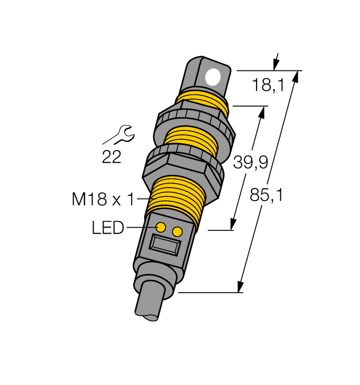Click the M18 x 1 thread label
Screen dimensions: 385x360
point(103,200)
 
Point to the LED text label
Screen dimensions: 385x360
point(108,228)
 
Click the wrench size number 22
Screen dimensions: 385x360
point(112,157)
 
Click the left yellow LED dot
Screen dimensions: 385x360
point(161,227)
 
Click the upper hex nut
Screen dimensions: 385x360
point(197,124)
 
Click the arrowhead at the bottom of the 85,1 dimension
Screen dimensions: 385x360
point(241,287)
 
